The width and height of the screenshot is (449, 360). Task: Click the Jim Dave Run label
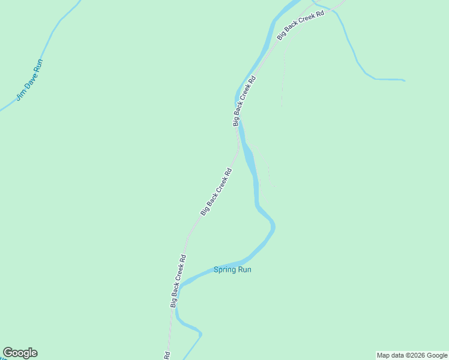point(29,80)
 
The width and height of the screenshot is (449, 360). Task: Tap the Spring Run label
point(232,270)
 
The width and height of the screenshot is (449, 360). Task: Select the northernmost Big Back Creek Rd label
point(300,25)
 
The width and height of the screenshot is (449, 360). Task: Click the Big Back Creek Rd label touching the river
point(244,101)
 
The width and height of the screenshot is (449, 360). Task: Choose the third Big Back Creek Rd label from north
point(216,192)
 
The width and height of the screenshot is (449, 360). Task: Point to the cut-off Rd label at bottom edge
point(167,355)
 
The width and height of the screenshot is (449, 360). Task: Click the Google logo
point(20,353)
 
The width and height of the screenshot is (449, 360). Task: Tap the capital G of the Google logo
point(8,353)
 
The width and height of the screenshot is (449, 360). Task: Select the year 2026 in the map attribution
point(418,355)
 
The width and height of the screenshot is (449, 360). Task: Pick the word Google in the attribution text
point(438,355)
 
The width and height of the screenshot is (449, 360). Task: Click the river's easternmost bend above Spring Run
point(274,226)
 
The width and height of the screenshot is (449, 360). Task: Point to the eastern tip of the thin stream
point(405,80)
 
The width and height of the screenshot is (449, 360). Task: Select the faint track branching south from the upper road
point(282,78)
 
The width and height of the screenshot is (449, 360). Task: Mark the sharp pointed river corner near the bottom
point(201,334)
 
